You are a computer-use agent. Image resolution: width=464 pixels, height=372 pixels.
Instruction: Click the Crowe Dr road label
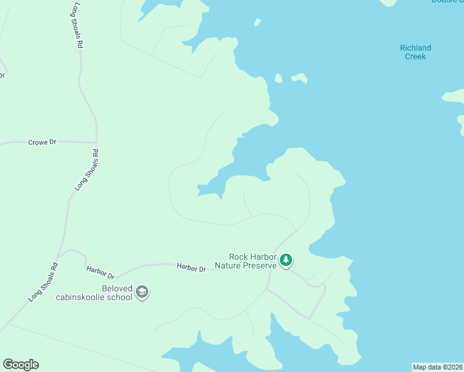[42, 143]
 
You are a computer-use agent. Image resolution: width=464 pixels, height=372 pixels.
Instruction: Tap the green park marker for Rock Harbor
[285, 260]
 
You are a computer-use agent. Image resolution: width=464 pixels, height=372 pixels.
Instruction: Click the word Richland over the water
[416, 48]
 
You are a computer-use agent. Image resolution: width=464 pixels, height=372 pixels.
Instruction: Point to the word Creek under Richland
[416, 56]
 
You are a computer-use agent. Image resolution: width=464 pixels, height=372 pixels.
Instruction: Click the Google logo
[20, 365]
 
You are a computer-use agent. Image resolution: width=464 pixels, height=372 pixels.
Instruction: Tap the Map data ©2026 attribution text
[437, 367]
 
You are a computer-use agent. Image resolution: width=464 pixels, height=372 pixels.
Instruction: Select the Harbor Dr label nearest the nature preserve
[191, 268]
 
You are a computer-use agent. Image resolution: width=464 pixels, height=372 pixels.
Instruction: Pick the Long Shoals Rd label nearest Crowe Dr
[86, 169]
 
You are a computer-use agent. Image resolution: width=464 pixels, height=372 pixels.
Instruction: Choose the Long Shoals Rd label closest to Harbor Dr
[43, 283]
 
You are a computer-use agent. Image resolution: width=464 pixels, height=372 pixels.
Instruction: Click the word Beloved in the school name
[117, 288]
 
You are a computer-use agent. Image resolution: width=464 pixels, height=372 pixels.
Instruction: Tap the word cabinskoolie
[82, 297]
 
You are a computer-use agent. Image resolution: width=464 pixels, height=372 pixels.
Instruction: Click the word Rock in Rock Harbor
[238, 257]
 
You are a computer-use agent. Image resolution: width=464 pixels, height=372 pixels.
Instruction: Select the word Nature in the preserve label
[228, 265]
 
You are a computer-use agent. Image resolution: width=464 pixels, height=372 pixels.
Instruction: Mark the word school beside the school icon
[120, 297]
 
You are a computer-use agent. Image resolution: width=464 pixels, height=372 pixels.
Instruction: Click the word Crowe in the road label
[37, 143]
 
